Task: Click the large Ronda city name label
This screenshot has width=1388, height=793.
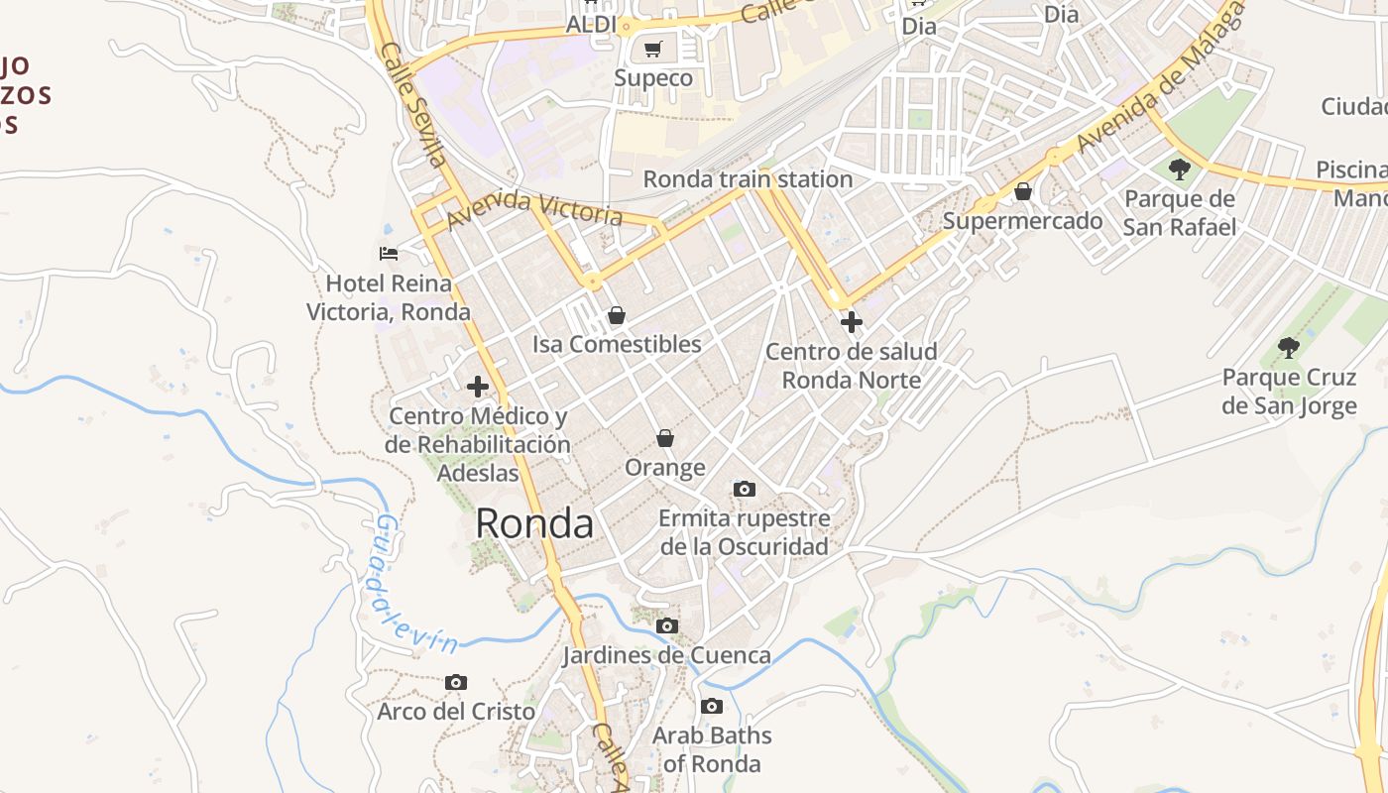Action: pyautogui.click(x=534, y=523)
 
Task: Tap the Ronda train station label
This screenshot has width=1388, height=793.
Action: pyautogui.click(x=748, y=179)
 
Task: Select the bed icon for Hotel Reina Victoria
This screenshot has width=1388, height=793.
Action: pyautogui.click(x=389, y=254)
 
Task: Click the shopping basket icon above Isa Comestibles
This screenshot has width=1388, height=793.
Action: pyautogui.click(x=617, y=315)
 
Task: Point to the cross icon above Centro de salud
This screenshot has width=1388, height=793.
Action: pyautogui.click(x=851, y=321)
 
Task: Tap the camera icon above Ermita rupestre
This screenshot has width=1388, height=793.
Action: pyautogui.click(x=744, y=489)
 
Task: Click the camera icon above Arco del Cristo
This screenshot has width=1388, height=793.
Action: pyautogui.click(x=456, y=682)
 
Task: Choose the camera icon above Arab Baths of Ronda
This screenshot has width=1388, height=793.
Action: pyautogui.click(x=711, y=707)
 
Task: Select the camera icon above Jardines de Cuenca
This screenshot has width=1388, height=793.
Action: pyautogui.click(x=667, y=625)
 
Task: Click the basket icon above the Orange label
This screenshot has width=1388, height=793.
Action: pyautogui.click(x=665, y=437)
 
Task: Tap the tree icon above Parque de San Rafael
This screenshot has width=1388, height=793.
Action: pyautogui.click(x=1179, y=170)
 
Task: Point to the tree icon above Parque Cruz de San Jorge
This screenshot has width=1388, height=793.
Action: pyautogui.click(x=1288, y=347)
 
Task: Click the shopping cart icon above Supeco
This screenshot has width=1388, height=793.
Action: pyautogui.click(x=652, y=49)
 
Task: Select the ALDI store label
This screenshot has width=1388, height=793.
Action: pyautogui.click(x=591, y=25)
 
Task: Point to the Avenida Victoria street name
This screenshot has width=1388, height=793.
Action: pyautogui.click(x=534, y=208)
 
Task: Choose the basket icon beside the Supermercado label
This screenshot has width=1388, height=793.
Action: pyautogui.click(x=1022, y=190)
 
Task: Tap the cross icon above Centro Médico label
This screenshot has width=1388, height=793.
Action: pyautogui.click(x=478, y=386)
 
